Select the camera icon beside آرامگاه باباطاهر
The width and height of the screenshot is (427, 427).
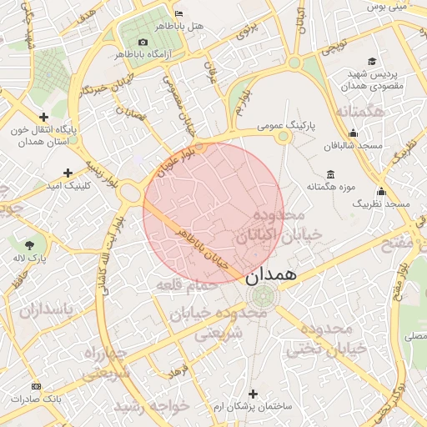143,43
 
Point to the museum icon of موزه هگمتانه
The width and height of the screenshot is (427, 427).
331,174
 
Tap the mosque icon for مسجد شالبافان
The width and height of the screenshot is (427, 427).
353,133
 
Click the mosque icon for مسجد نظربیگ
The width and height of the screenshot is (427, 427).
381,191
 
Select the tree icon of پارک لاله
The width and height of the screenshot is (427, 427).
31,245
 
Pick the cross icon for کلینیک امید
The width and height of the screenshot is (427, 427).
68,173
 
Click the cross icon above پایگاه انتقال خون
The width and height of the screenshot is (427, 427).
43,118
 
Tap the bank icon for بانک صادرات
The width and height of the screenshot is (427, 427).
35,386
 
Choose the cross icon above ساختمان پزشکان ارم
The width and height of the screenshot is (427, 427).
254,393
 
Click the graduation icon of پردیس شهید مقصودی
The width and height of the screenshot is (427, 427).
372,62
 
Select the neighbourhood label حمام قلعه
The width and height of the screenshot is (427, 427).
186,285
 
